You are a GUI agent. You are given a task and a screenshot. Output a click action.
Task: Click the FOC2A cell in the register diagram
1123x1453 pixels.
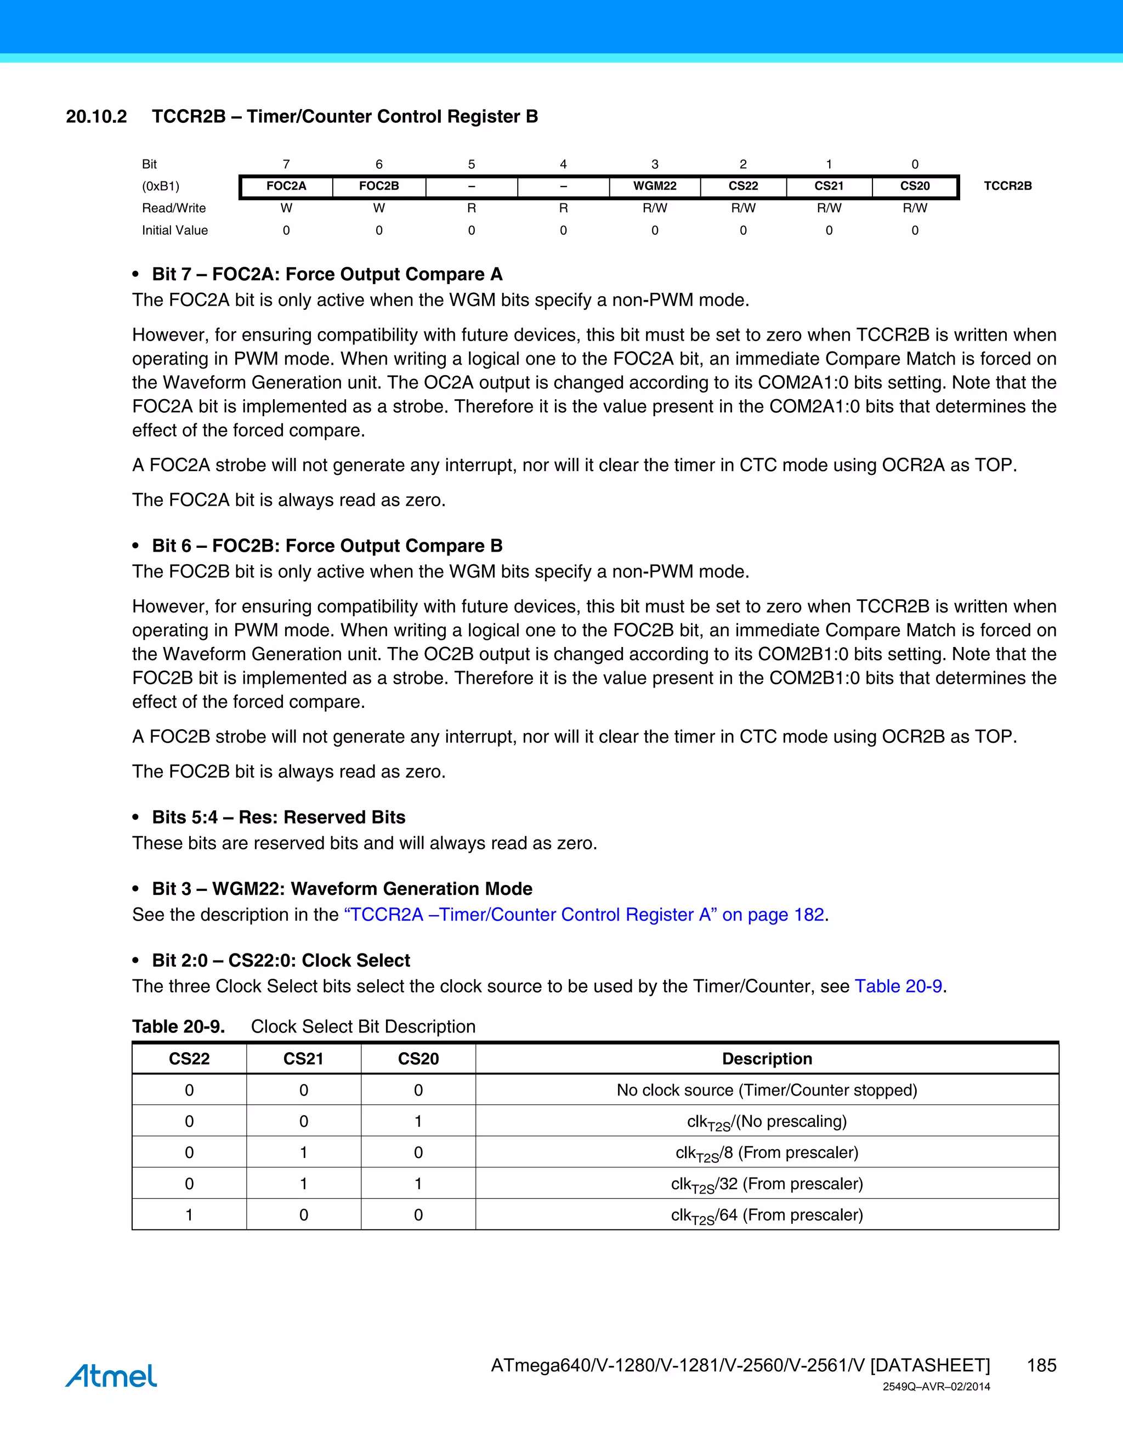(286, 186)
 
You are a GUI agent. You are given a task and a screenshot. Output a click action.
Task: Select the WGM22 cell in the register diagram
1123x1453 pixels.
(655, 186)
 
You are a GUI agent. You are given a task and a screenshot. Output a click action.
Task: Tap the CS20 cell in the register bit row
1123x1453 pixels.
(915, 186)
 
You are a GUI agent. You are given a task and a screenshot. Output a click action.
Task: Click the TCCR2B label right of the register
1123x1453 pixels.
(1007, 186)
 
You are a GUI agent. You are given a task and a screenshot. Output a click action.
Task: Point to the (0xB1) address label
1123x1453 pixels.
(160, 186)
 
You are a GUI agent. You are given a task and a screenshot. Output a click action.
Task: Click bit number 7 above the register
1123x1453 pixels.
(286, 164)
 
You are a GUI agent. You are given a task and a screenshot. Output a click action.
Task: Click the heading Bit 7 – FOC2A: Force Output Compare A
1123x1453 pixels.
(327, 274)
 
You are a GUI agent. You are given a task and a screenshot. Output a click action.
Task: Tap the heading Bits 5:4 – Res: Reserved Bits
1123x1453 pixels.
(278, 817)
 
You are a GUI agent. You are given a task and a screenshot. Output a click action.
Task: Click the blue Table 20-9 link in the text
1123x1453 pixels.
(898, 986)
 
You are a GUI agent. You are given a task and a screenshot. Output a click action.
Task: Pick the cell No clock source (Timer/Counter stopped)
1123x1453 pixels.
(767, 1090)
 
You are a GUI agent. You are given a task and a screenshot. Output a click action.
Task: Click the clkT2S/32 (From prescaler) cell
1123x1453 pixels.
(767, 1184)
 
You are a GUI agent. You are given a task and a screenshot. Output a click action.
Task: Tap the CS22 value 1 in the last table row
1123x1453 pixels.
(189, 1215)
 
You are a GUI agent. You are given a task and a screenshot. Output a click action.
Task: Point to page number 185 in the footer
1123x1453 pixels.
(1041, 1365)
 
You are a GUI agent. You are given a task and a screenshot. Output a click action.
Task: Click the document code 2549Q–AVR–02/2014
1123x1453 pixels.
(936, 1387)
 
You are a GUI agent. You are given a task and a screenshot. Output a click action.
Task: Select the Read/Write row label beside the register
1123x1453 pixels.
(174, 208)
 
